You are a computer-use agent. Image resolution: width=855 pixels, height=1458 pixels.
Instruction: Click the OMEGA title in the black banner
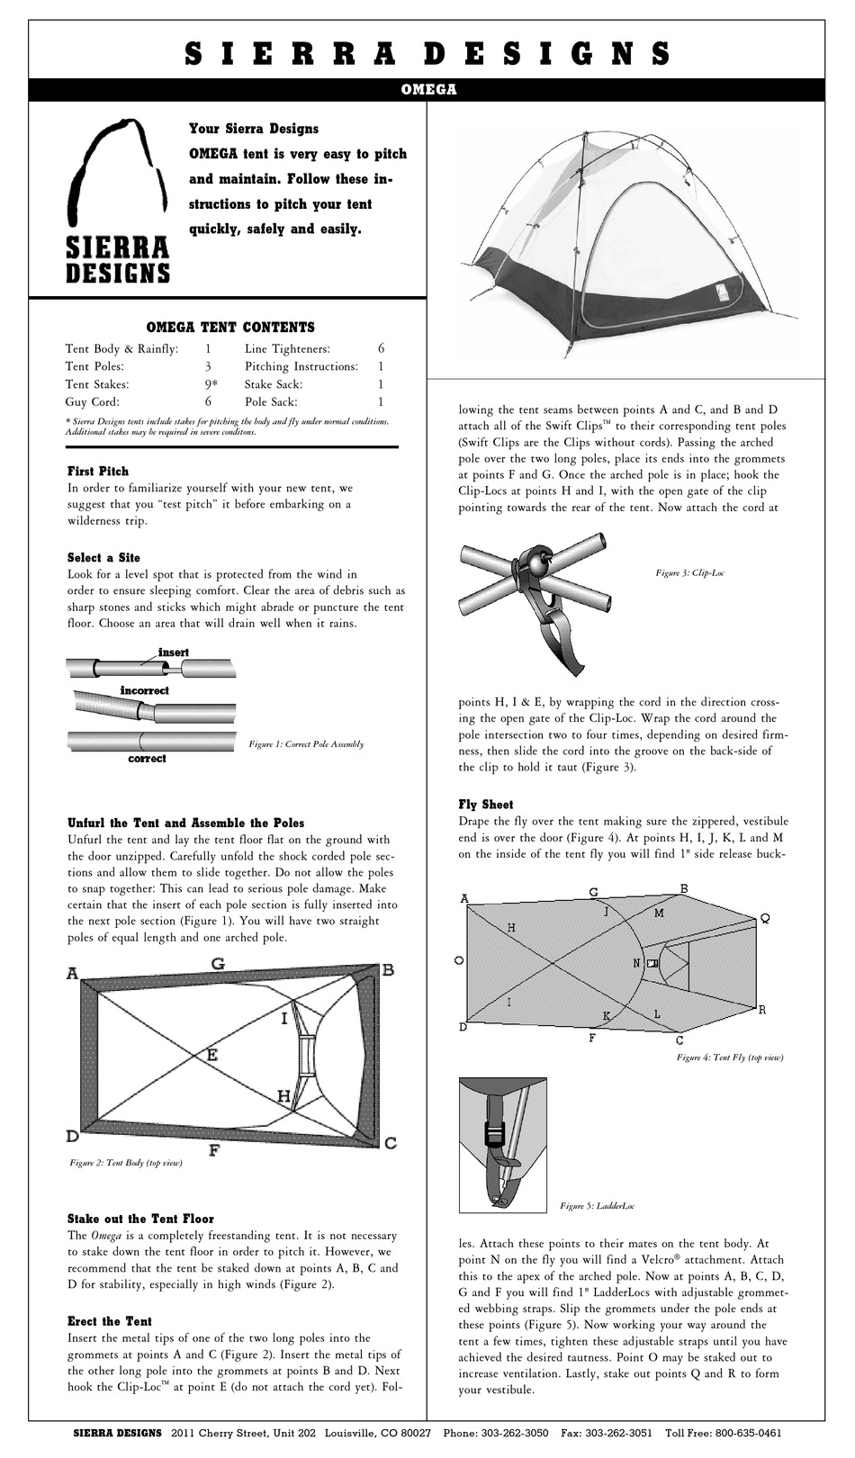coord(427,89)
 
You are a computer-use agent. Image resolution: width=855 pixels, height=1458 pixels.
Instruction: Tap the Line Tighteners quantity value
coord(381,348)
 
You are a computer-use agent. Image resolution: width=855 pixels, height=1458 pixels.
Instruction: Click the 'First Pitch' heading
coord(98,471)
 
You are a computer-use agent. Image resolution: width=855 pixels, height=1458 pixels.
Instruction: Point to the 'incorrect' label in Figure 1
coord(145,690)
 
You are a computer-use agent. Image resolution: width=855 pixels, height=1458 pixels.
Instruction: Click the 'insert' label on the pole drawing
coord(173,652)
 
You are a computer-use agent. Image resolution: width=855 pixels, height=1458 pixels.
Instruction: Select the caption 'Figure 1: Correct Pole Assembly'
coord(306,744)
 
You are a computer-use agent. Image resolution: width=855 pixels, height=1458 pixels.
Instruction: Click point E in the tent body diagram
coord(211,1053)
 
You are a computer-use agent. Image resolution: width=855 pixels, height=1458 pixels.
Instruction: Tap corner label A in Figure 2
coord(72,973)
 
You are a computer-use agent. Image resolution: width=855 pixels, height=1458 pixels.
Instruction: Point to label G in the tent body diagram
coord(218,963)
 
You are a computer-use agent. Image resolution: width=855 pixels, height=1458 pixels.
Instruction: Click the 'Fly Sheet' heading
coord(485,804)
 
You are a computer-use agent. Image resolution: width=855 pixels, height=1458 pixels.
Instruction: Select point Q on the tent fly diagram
coord(764,919)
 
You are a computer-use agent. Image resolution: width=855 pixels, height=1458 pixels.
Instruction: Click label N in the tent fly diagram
coord(636,963)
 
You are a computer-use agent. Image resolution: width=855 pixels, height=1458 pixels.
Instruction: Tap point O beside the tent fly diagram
coord(459,960)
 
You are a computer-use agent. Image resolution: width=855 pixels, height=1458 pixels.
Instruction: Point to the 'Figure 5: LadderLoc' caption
coord(598,1205)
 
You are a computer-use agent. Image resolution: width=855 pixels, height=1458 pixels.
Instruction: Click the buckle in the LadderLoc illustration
coord(498,1128)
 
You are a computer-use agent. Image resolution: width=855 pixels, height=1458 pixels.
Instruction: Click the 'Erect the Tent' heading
coord(110,1321)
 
